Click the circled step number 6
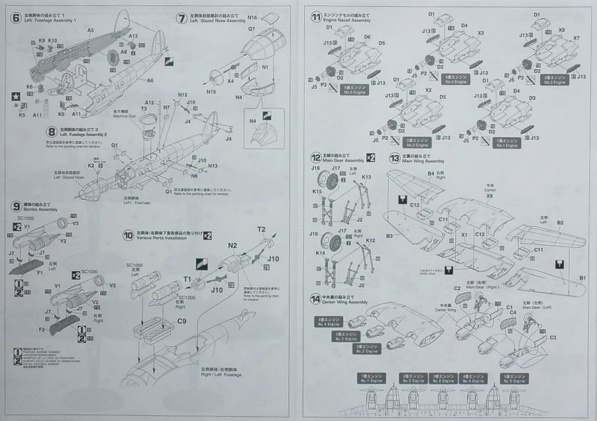pos(16,17)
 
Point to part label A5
pos(90,30)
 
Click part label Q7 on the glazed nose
pos(252,29)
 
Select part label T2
pos(261,229)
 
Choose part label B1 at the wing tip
pos(582,276)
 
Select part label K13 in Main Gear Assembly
pos(366,177)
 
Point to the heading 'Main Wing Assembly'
pos(425,161)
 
